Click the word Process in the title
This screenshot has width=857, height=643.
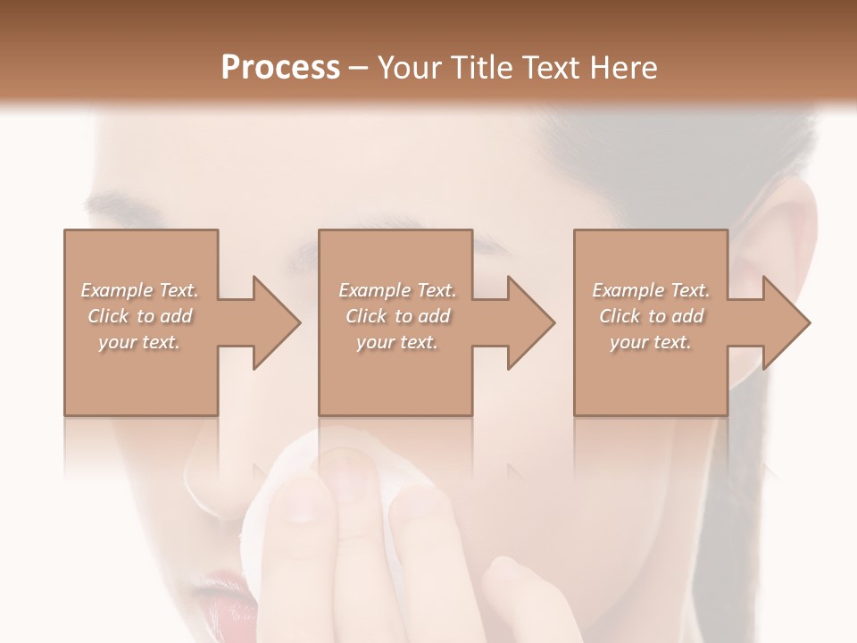[280, 68]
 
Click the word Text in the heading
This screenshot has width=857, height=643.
[552, 68]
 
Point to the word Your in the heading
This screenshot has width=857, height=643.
[410, 68]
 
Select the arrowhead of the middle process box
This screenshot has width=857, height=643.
[530, 322]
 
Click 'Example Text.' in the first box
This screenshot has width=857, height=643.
[139, 290]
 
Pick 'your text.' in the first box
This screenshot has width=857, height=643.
[139, 342]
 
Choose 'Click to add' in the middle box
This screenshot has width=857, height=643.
[397, 316]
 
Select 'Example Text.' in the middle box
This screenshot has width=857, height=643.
[397, 290]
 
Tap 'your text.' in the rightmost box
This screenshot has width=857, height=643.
[651, 342]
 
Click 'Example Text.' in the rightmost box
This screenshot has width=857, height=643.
[651, 290]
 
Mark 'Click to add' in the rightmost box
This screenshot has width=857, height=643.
[651, 316]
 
